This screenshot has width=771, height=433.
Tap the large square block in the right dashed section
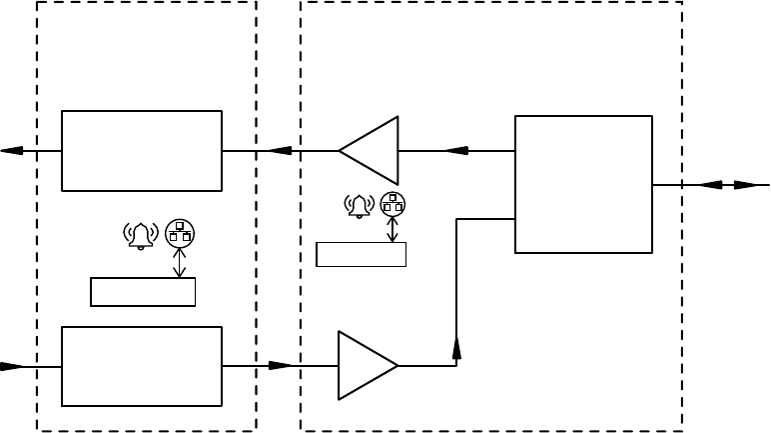point(583,184)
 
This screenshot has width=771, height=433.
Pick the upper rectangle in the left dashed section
point(142,151)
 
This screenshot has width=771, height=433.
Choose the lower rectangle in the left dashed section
point(142,366)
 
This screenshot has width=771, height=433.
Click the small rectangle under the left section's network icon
point(142,291)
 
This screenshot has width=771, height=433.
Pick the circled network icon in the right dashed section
point(392,204)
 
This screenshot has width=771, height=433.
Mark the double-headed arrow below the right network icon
point(392,230)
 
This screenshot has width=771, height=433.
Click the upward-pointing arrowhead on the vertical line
point(456,347)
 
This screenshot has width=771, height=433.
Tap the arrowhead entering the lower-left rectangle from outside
point(13,366)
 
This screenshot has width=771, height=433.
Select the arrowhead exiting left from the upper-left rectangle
point(13,151)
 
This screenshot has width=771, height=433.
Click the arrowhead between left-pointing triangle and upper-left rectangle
point(280,151)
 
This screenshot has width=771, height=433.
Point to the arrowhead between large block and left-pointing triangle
point(455,151)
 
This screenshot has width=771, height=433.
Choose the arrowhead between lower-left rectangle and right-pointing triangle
point(282,365)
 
